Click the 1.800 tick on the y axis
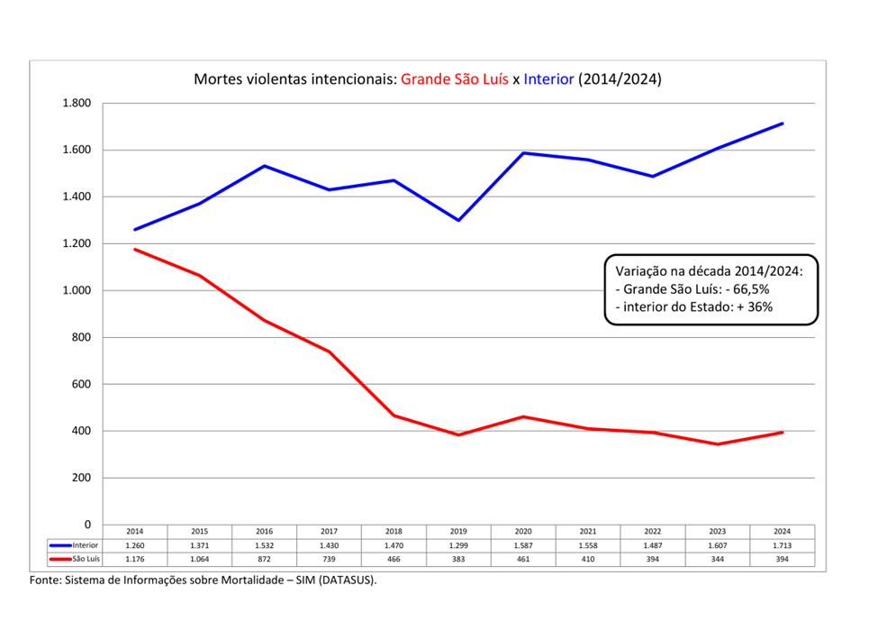(77, 103)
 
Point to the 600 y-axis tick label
(82, 384)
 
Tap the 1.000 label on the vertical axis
(77, 290)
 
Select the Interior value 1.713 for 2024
(782, 546)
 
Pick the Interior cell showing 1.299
(458, 546)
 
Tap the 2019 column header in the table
(458, 532)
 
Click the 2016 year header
(264, 532)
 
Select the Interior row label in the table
(85, 545)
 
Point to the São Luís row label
(85, 560)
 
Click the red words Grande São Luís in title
(455, 79)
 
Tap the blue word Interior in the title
(548, 79)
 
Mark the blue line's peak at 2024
(783, 123)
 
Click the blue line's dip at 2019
(458, 220)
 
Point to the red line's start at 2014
(135, 249)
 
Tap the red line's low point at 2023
(718, 444)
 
